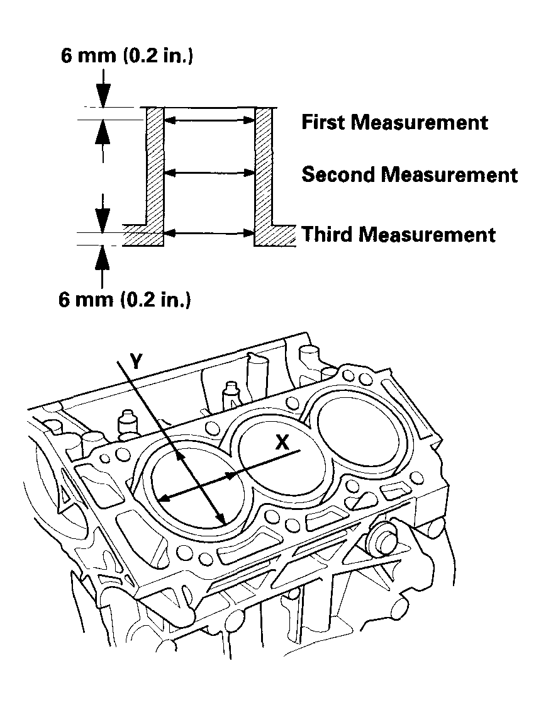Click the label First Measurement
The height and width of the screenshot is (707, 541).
coord(394,122)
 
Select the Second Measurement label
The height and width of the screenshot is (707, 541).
coord(410,174)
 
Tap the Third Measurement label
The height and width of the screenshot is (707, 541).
coord(399,235)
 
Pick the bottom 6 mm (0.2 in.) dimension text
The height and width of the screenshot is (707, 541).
coord(125,300)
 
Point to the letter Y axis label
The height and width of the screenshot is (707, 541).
coord(137,361)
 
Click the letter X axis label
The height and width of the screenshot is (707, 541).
coord(282,443)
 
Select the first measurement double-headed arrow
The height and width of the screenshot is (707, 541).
coord(209,119)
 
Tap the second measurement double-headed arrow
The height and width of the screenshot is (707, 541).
coord(209,172)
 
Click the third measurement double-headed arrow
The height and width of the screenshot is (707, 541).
coord(209,234)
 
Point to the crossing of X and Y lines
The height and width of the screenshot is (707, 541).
coord(199,485)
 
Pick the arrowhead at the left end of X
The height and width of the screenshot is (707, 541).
coord(162,499)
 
